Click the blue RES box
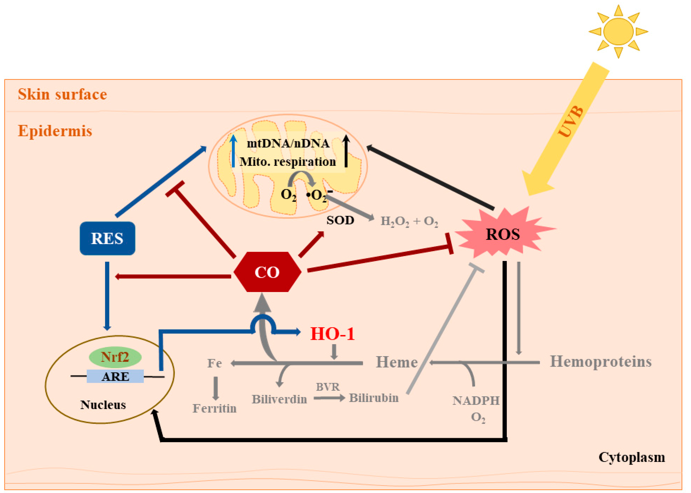click(x=107, y=238)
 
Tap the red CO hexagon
click(x=267, y=272)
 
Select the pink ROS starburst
click(x=503, y=234)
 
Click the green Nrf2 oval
click(x=115, y=357)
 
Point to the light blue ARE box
click(x=115, y=376)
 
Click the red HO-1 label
click(x=332, y=334)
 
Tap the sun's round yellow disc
click(x=618, y=31)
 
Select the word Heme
click(x=397, y=362)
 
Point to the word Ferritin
click(x=214, y=408)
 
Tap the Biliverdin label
click(x=279, y=399)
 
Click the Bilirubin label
click(x=374, y=398)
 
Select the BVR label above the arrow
click(x=328, y=387)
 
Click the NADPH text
click(x=476, y=401)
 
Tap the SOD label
click(x=340, y=220)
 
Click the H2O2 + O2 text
click(x=409, y=221)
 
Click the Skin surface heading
click(x=62, y=94)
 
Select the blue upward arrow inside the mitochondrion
click(x=233, y=151)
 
